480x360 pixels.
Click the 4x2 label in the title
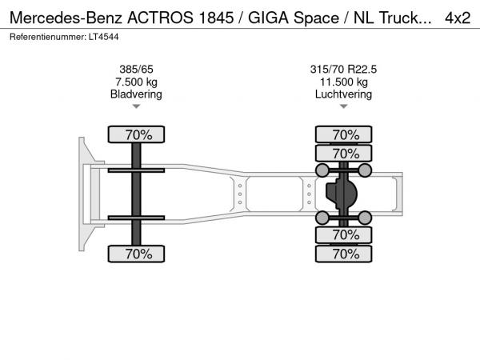coord(458,18)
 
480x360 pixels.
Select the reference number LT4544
coord(103,37)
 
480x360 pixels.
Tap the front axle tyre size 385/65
coord(136,70)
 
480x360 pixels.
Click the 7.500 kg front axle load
coord(136,82)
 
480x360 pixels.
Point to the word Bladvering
coord(136,94)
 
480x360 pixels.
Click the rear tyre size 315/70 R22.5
coord(343,70)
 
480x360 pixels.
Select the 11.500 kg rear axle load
coord(344,82)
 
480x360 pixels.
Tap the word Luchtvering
coord(343,94)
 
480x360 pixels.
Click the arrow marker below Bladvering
coord(136,106)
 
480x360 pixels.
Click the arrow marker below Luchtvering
coord(344,106)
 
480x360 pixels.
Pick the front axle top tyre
coord(136,134)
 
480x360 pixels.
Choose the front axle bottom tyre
coord(136,254)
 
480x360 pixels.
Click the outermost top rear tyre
coord(344,134)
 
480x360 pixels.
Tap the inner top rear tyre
coord(344,153)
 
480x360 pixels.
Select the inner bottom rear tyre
coord(344,234)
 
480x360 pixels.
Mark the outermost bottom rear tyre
coord(344,254)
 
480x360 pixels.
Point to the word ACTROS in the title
coord(161,18)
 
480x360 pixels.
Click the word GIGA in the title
coord(269,18)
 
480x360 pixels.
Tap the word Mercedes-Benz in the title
coord(66,18)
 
